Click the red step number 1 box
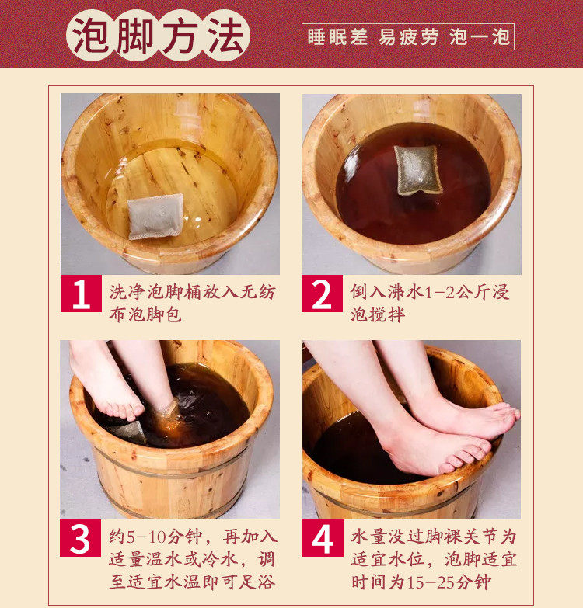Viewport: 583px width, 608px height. (81, 294)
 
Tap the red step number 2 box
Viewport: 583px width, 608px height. (322, 294)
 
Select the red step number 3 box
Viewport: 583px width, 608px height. (80, 538)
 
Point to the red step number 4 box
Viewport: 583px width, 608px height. (323, 538)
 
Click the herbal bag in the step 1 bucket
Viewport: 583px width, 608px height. (155, 217)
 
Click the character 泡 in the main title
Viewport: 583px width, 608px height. (91, 36)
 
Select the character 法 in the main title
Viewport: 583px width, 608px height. (226, 36)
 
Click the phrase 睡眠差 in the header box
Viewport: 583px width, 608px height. (337, 37)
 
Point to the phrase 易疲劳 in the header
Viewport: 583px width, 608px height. (408, 37)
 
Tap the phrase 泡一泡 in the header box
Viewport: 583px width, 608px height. (480, 37)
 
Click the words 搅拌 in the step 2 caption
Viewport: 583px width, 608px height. (387, 314)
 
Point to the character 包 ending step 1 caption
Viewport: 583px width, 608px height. (173, 314)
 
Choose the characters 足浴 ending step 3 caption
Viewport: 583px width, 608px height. (257, 582)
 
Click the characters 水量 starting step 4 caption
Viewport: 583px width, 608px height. (368, 537)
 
